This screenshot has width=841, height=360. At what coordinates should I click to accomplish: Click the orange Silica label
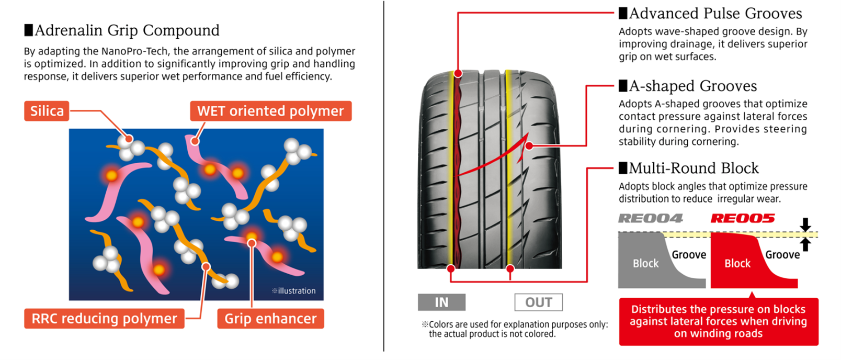coord(47,111)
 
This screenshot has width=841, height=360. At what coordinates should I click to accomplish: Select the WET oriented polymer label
coord(271,111)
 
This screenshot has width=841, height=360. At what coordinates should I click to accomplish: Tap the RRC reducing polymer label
coord(105,319)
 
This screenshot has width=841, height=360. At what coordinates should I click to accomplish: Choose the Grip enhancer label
coord(271,319)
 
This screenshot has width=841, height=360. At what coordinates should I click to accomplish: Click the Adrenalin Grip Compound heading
coord(122,30)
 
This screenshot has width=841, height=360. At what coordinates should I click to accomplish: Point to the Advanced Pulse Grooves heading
coord(710,14)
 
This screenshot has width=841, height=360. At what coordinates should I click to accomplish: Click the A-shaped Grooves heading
coord(688,86)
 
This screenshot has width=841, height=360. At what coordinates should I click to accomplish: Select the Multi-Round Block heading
coord(689,168)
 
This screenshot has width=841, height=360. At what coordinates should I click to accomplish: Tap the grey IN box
coord(441,302)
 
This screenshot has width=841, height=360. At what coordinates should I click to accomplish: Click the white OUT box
coord(538,302)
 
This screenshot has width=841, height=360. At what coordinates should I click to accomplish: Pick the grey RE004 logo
coord(651,218)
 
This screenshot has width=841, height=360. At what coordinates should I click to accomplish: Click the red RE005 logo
coord(743,218)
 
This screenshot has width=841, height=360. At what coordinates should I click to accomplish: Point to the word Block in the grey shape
coord(646,263)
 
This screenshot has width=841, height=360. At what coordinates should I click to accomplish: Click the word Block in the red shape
coord(737,263)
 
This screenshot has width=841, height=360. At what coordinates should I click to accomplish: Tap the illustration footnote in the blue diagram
coord(293,291)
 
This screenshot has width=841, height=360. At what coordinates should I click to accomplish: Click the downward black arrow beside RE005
coord(805,224)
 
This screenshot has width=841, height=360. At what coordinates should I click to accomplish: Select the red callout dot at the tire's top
coord(458,73)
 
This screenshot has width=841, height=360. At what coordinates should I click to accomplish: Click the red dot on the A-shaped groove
coord(529,146)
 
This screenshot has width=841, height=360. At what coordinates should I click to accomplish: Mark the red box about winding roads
coord(719,322)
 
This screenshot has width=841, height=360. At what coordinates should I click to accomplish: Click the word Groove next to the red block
coord(783,255)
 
